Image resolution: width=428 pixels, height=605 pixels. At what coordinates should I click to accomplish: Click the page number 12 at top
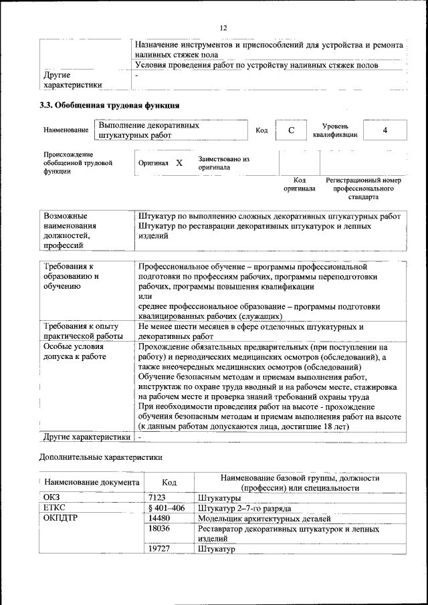click(x=223, y=27)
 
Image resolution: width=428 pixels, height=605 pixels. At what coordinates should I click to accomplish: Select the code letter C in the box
click(x=292, y=130)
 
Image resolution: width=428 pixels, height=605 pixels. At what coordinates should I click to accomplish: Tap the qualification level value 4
click(x=385, y=130)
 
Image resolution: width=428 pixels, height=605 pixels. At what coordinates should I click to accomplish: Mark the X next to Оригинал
click(x=179, y=162)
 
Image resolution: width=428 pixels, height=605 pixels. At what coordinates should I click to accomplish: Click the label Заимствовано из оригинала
click(x=223, y=163)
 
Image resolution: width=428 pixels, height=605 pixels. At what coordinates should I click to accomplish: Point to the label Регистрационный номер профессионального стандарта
click(x=363, y=189)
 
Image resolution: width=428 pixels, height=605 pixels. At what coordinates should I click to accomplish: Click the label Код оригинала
click(x=300, y=185)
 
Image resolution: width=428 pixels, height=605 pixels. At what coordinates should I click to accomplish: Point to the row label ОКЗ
click(x=53, y=498)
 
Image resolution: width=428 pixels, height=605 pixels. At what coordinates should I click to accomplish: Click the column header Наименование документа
click(x=93, y=483)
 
